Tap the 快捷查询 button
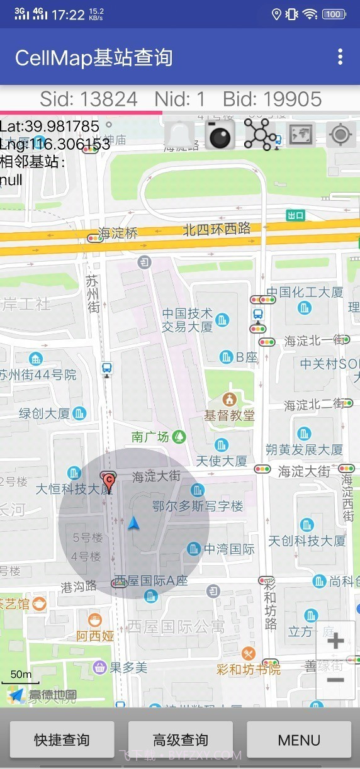[62, 740]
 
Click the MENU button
[299, 740]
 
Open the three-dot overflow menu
[340, 57]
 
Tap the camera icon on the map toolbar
[220, 134]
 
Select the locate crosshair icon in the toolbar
[341, 135]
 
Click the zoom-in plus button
[335, 641]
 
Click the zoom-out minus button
[335, 680]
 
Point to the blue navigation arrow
[133, 523]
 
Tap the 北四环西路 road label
[217, 229]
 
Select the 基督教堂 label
[229, 415]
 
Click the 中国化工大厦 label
[305, 293]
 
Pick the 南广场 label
[151, 437]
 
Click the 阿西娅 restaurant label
[96, 636]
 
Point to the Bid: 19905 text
[273, 99]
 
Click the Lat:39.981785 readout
[50, 126]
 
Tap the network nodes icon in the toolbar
[259, 134]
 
